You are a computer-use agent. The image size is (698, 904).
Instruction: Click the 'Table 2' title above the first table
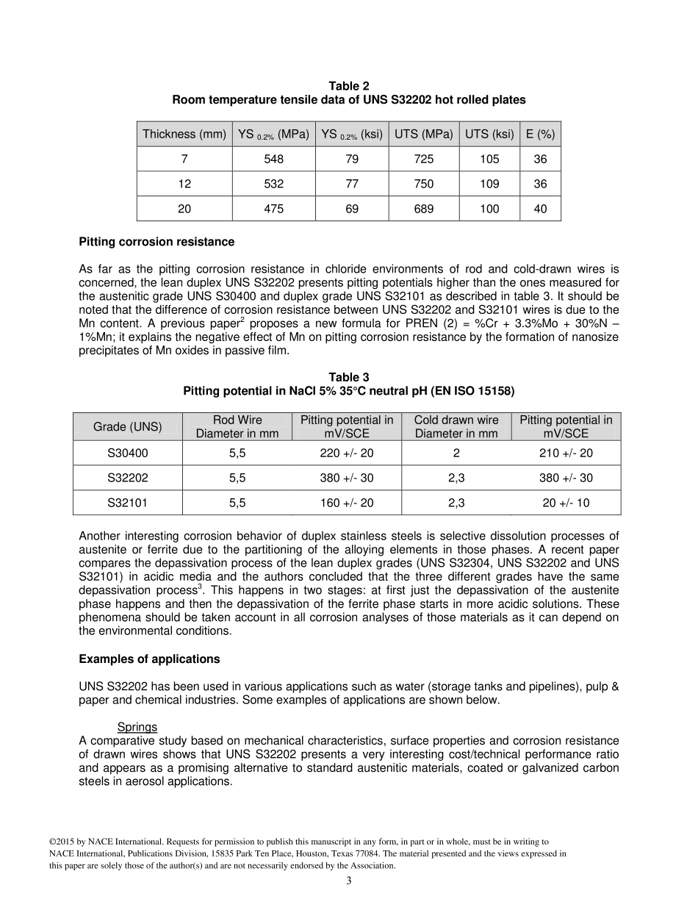pos(348,87)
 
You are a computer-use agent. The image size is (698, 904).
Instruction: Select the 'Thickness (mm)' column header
pos(184,134)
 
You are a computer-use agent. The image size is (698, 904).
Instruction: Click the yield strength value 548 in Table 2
pos(273,159)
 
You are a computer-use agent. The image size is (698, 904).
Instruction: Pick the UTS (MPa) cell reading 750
pos(423,184)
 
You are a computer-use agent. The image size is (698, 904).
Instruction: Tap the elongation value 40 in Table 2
pos(540,209)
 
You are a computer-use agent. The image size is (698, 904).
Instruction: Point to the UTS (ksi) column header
pos(489,134)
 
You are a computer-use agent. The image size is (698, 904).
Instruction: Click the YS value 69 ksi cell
pos(352,209)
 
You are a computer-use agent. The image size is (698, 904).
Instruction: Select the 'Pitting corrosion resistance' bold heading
pos(156,242)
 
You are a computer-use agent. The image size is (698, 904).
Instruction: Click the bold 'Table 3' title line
pos(348,378)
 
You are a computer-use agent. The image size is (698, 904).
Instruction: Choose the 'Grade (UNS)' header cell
pos(128,427)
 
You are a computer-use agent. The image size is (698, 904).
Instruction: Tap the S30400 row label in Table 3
pos(128,453)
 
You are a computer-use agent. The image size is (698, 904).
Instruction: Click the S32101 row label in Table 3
pos(128,503)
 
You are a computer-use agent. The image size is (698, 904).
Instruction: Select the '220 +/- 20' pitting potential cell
pos(347,453)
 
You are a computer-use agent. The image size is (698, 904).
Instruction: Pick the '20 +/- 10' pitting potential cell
pos(566,503)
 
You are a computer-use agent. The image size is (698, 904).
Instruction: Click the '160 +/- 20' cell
pos(347,503)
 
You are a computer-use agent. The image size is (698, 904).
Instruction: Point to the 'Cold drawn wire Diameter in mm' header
pos(456,427)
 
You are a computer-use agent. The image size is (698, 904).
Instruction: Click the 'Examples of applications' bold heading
pos(149,659)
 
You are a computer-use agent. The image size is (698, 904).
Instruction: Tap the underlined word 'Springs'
pos(137,728)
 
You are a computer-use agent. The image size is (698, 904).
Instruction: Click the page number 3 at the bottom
pos(349,882)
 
